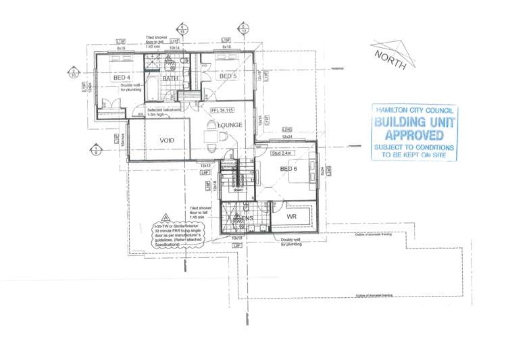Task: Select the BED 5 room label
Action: click(x=228, y=76)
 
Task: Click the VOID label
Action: click(x=167, y=140)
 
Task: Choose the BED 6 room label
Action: click(x=288, y=168)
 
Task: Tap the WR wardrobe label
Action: click(x=292, y=217)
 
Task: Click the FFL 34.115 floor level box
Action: click(x=222, y=109)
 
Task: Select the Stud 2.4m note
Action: click(x=280, y=153)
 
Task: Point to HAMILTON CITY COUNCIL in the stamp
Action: click(x=415, y=110)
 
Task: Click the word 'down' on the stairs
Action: click(x=238, y=190)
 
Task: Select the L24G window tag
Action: click(x=286, y=130)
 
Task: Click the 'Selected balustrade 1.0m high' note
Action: click(x=162, y=111)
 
